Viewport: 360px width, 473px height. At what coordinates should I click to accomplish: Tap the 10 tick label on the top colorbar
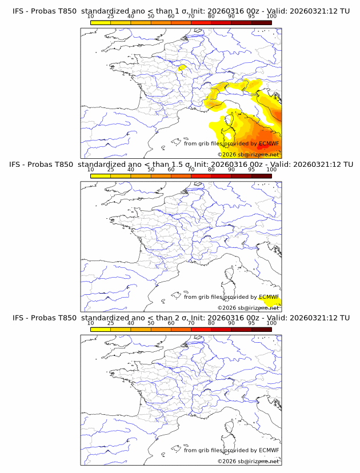pyautogui.click(x=90, y=17)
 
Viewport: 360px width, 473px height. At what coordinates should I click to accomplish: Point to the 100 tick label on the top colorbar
pyautogui.click(x=271, y=17)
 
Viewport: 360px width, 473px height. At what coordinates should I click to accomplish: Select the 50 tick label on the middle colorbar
pyautogui.click(x=151, y=170)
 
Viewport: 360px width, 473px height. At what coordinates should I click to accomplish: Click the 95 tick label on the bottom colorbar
pyautogui.click(x=251, y=323)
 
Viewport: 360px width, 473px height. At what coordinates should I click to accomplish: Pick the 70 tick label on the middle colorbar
pyautogui.click(x=191, y=170)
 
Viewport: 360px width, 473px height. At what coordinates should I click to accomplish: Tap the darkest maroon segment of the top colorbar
pyautogui.click(x=261, y=22)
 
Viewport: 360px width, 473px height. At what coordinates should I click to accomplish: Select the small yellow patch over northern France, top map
pyautogui.click(x=181, y=67)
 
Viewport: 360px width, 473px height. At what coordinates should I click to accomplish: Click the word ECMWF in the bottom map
pyautogui.click(x=269, y=450)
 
